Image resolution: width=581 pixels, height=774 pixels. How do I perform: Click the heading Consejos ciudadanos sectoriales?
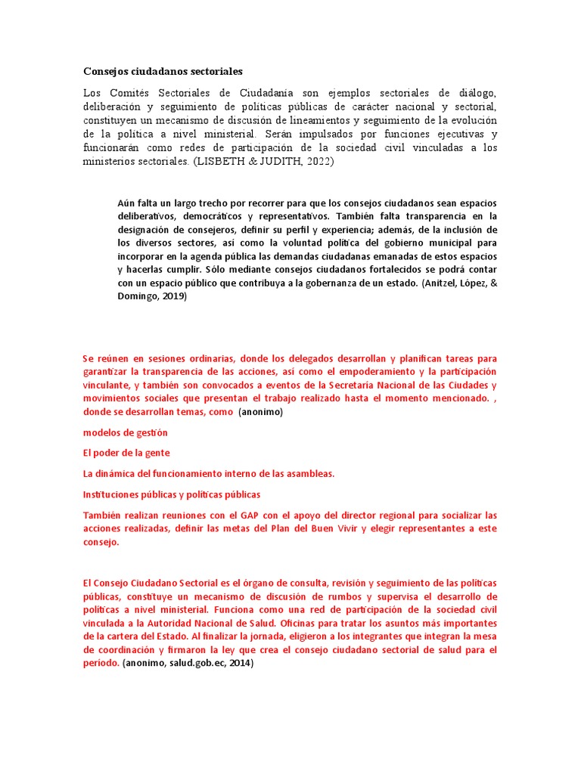point(163,72)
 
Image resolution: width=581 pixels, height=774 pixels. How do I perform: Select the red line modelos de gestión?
point(126,433)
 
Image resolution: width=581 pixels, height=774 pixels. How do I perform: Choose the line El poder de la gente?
point(126,453)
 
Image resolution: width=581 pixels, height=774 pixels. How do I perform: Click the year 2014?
point(241,664)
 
